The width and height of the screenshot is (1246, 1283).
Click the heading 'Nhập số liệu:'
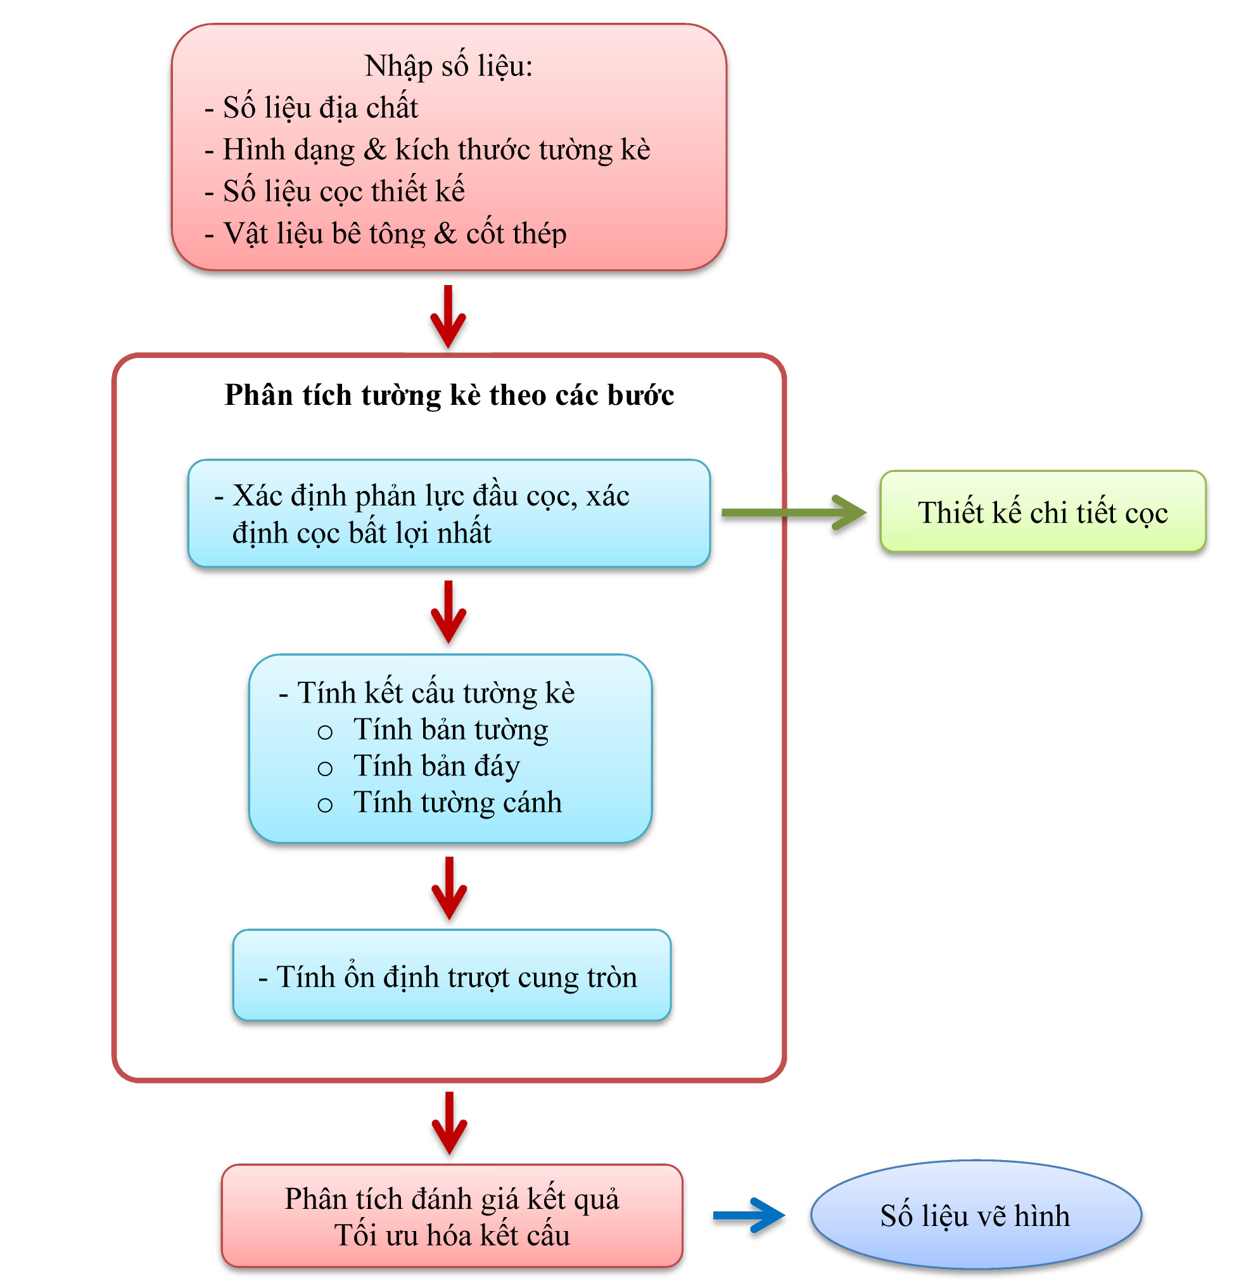(x=448, y=66)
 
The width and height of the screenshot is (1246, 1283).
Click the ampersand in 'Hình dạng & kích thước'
(x=375, y=150)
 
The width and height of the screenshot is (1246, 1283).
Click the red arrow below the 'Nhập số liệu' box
(x=448, y=317)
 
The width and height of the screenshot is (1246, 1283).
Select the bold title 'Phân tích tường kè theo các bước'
(x=449, y=395)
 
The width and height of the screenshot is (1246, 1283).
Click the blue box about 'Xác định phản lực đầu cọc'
(x=449, y=513)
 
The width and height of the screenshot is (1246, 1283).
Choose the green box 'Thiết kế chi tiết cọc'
(x=1043, y=512)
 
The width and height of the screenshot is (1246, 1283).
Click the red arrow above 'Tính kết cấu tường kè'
(x=448, y=612)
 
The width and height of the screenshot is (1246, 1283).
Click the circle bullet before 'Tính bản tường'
(x=325, y=732)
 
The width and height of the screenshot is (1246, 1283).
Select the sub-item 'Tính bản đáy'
(x=436, y=767)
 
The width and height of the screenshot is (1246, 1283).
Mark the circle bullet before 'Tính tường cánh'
(x=325, y=805)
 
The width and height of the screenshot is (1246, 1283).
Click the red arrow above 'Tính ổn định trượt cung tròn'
(x=449, y=888)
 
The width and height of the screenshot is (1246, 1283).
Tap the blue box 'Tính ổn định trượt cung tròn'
(x=452, y=975)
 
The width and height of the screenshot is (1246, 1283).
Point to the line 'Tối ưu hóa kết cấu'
(x=452, y=1236)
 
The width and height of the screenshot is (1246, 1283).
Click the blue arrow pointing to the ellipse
(x=749, y=1216)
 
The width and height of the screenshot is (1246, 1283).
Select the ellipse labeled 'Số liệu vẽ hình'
(x=975, y=1216)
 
